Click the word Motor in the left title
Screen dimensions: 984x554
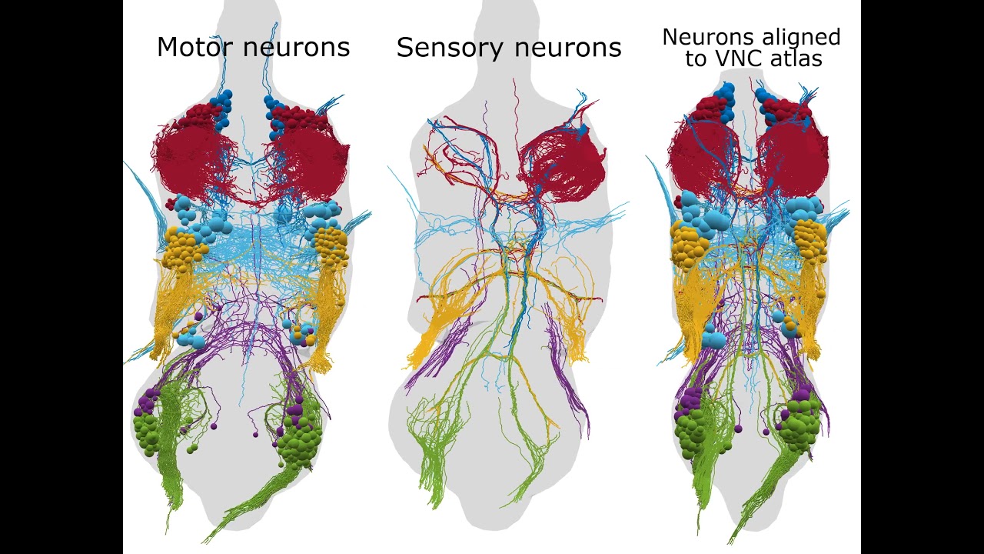click(x=194, y=47)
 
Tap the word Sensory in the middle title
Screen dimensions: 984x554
click(x=450, y=48)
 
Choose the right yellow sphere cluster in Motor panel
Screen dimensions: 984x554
click(x=331, y=246)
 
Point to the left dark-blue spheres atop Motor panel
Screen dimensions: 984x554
click(x=223, y=110)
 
